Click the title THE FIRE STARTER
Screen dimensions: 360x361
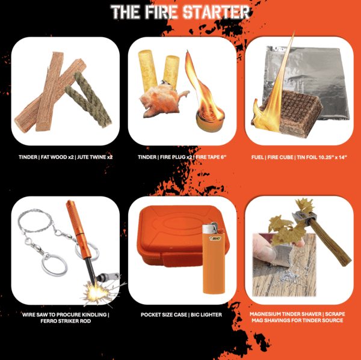180,11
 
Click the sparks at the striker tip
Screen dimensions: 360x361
96,293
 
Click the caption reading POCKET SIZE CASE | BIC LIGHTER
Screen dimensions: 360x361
180,314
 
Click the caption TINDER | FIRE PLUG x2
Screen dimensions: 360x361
180,156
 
